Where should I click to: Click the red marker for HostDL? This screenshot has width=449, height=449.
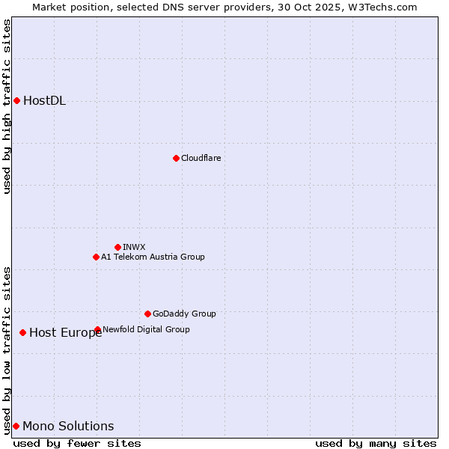(x=16, y=100)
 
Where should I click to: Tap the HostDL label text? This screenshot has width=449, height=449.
(x=44, y=101)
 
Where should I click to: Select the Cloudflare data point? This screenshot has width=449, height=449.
(x=176, y=158)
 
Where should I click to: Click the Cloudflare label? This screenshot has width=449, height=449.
(x=201, y=158)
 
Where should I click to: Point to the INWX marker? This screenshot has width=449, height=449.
(x=117, y=247)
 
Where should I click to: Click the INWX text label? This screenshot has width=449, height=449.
(x=134, y=247)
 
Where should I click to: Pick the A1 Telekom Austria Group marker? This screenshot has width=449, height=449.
(x=96, y=257)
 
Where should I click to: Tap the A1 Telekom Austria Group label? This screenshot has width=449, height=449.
(x=153, y=257)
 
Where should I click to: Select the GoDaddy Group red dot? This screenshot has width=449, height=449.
(x=147, y=314)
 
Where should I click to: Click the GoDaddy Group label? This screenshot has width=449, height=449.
(x=183, y=314)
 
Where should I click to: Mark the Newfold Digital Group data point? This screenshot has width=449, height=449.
(x=98, y=329)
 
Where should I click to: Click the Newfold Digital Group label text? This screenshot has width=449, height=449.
(x=146, y=329)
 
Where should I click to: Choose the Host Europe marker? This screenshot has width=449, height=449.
(x=23, y=332)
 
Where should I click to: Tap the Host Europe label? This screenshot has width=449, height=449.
(x=65, y=333)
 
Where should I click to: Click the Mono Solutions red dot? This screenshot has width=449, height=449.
(x=16, y=426)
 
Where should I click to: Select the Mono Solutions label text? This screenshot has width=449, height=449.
(x=68, y=427)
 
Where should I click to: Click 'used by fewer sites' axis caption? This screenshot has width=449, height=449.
(x=77, y=443)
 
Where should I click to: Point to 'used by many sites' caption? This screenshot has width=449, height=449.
(x=376, y=443)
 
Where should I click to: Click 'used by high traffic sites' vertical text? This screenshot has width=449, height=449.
(x=7, y=106)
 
